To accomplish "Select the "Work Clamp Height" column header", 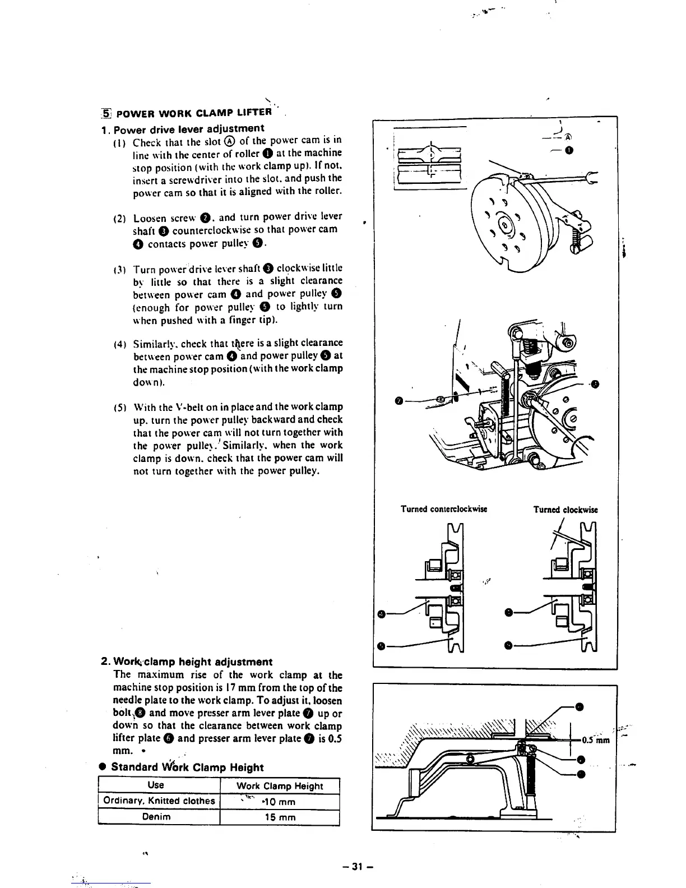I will click(280, 786).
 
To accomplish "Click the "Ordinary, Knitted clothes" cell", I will click(159, 801).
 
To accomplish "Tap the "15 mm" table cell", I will click(280, 817).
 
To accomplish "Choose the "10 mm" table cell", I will click(279, 802).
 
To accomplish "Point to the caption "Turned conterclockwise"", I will click(443, 509).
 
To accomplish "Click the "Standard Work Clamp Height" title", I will click(187, 767).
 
